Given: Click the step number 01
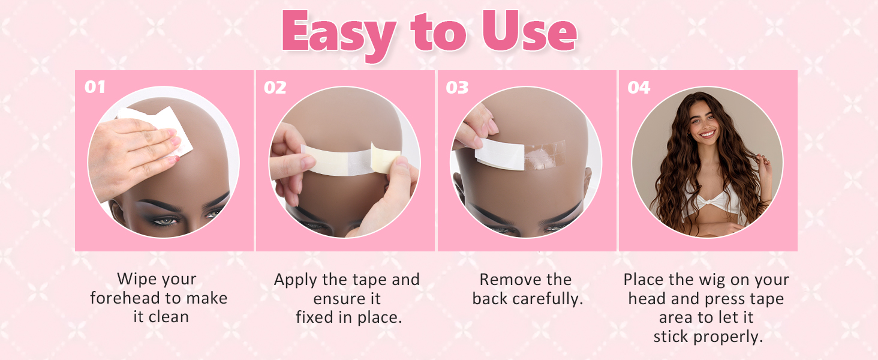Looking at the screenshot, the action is pyautogui.click(x=95, y=87).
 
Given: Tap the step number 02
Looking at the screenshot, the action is pyautogui.click(x=275, y=88).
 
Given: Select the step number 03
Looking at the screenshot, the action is pyautogui.click(x=457, y=88).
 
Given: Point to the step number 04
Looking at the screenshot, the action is pyautogui.click(x=639, y=88).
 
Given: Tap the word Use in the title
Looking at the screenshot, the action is pyautogui.click(x=530, y=31).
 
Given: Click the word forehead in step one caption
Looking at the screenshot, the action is pyautogui.click(x=130, y=298).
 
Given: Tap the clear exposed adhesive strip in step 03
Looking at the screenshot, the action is pyautogui.click(x=545, y=154).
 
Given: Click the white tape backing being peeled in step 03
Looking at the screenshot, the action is pyautogui.click(x=500, y=154).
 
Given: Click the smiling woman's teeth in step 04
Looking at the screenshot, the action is pyautogui.click(x=708, y=134).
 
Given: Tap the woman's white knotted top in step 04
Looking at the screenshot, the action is pyautogui.click(x=711, y=205).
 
